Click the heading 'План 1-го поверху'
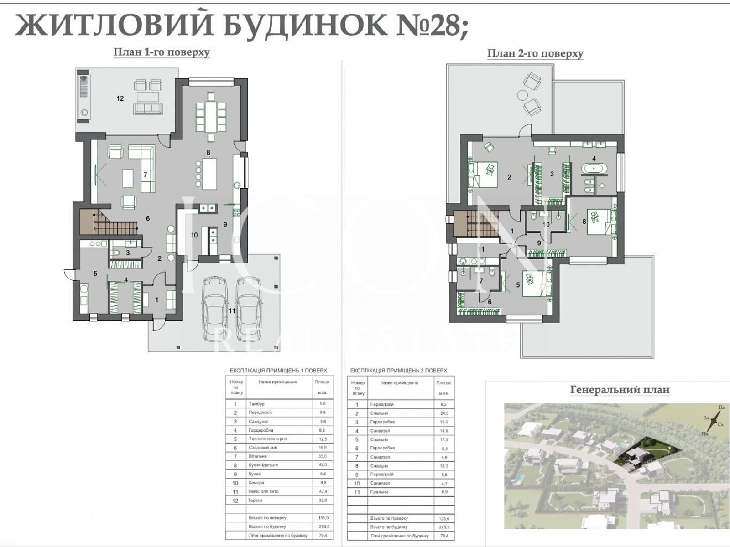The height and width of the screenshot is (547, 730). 162,52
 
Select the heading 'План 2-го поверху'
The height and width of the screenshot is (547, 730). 535,54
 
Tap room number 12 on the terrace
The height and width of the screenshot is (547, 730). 120,98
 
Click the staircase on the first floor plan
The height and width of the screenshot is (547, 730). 109,223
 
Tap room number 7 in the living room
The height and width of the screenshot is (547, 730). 145,175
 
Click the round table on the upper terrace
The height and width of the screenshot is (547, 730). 521,95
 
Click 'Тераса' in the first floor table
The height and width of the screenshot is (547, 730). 255,500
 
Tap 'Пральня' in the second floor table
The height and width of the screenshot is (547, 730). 379,492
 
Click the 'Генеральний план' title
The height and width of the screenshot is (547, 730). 620,390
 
